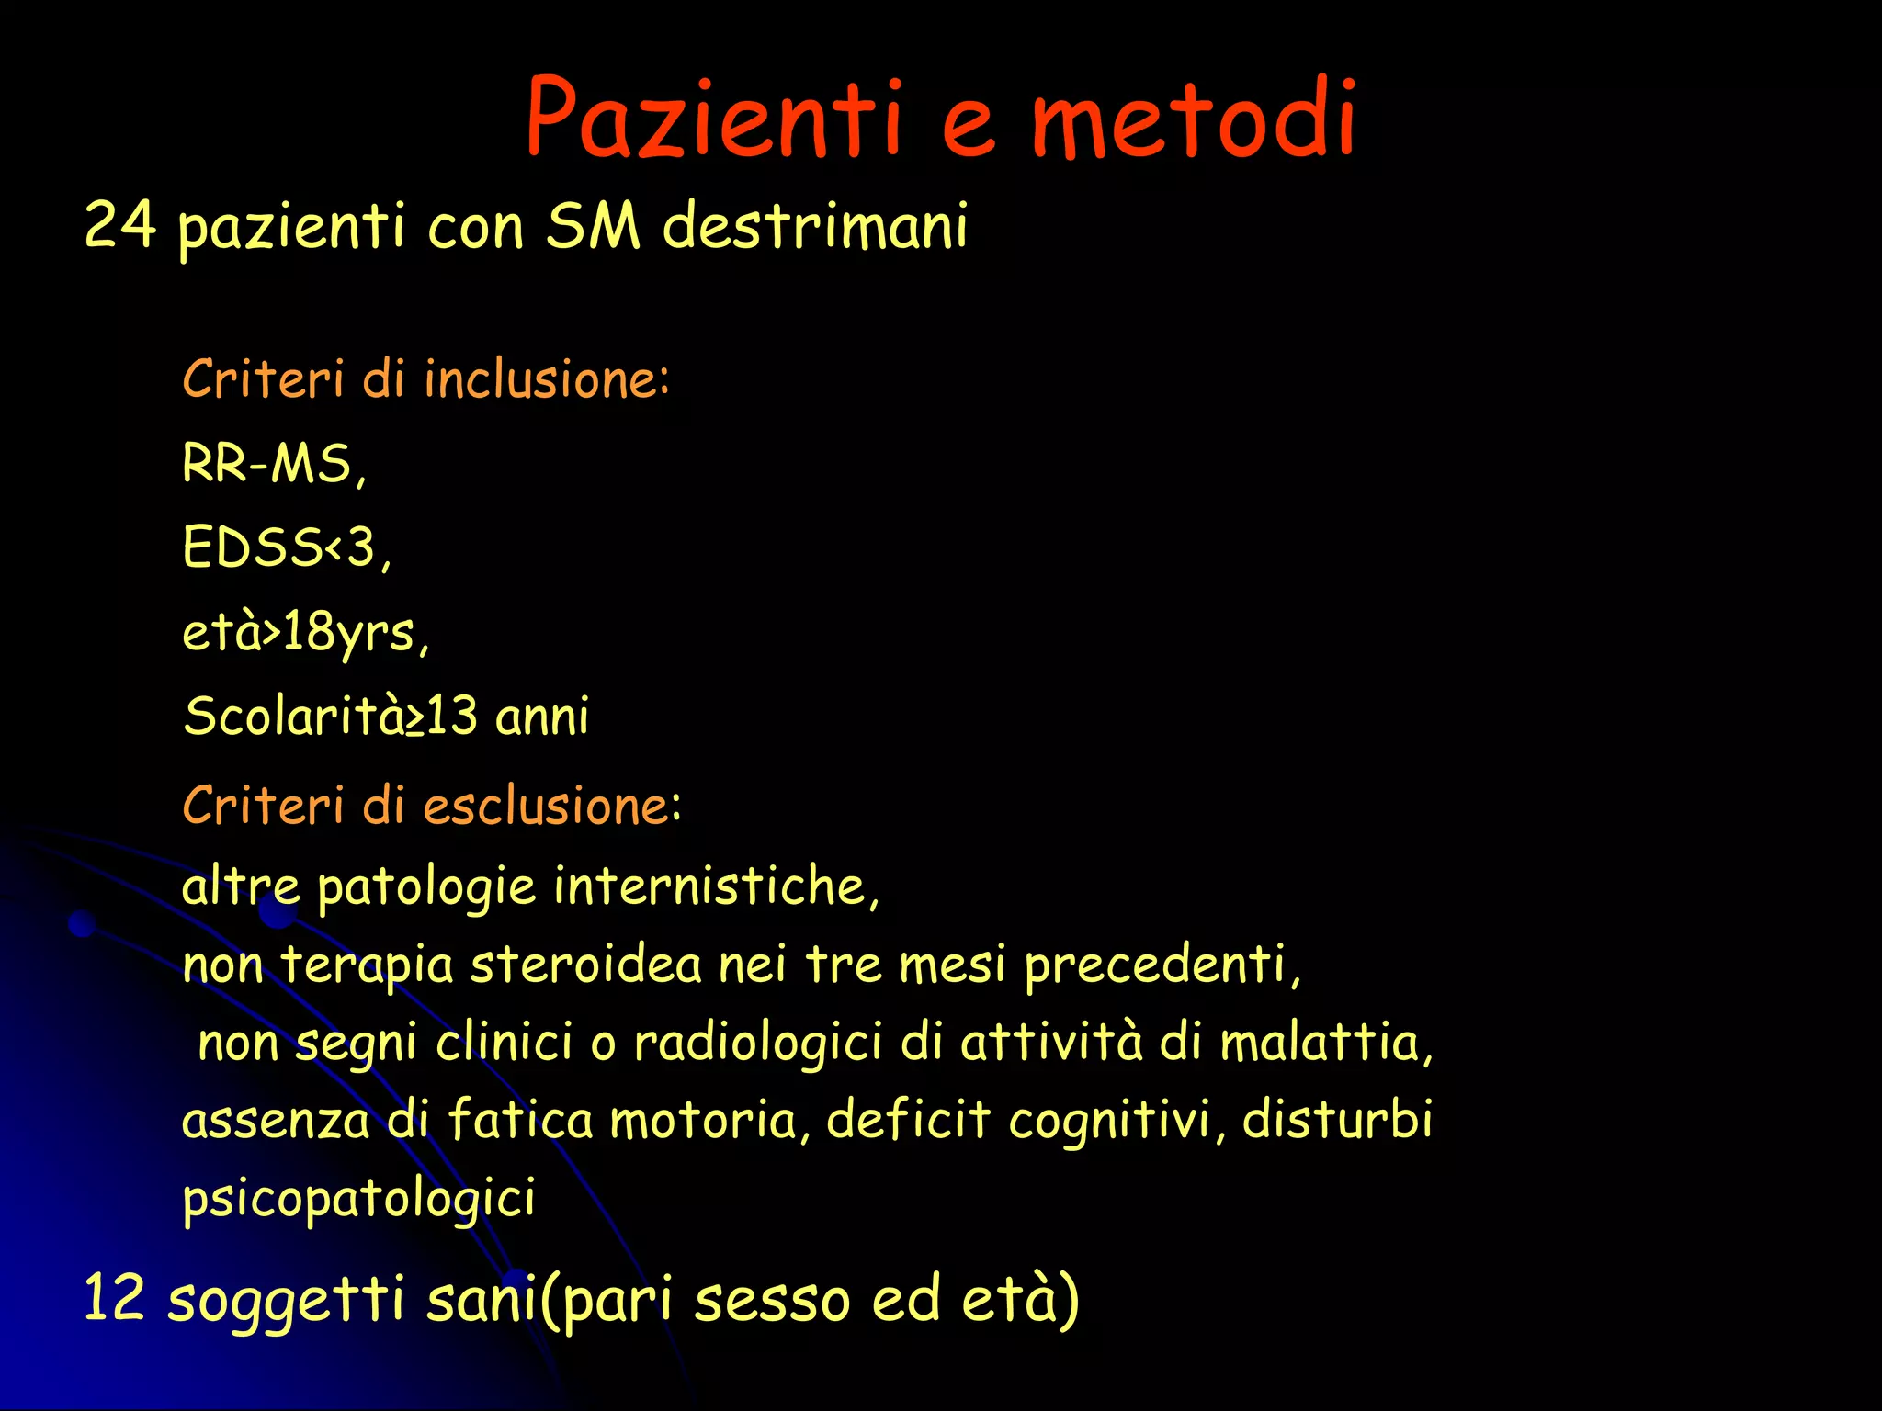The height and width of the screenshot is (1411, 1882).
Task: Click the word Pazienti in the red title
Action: pos(712,118)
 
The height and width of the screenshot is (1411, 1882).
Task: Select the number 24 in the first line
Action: pos(119,225)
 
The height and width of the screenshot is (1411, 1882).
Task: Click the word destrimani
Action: pos(814,225)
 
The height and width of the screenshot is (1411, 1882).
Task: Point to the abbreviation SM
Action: pos(593,225)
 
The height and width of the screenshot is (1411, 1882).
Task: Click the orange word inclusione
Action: pos(546,378)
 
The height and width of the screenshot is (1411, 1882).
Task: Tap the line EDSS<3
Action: pos(286,547)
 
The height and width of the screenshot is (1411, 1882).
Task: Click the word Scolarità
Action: pos(294,716)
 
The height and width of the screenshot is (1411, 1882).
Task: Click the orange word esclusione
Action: pos(551,806)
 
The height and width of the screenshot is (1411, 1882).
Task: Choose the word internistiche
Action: pos(715,886)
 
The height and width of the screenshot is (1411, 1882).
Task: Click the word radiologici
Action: pos(758,1044)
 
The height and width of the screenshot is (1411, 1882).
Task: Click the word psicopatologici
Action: pos(358,1200)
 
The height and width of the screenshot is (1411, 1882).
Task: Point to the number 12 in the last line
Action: pos(114,1299)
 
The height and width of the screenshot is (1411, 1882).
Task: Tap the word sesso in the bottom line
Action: pos(772,1301)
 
